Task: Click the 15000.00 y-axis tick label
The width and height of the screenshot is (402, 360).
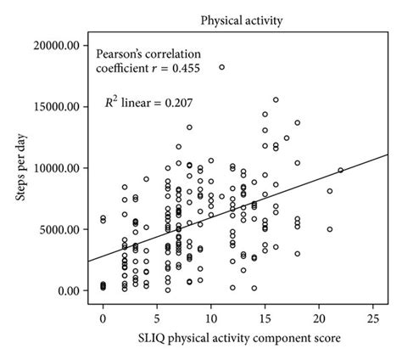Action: tap(59, 107)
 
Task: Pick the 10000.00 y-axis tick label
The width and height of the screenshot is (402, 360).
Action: tap(59, 168)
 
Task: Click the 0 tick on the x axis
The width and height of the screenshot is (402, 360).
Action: tap(103, 318)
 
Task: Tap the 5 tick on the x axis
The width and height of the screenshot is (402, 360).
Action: tap(157, 318)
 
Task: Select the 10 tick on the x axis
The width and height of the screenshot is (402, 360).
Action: tap(211, 318)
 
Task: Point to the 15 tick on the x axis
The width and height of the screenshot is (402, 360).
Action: tap(265, 318)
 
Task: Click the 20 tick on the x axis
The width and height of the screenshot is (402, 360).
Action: tap(319, 318)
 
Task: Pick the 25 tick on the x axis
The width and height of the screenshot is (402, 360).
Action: tap(373, 318)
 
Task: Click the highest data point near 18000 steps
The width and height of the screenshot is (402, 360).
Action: tap(222, 67)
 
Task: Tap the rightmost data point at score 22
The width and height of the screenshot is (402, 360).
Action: tap(341, 170)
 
